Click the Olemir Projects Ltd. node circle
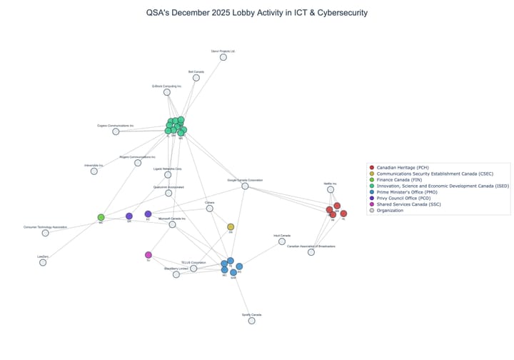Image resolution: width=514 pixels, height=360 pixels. tap(223, 57)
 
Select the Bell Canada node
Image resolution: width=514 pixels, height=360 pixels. tap(196, 77)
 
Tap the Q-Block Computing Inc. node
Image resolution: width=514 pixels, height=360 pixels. tap(167, 92)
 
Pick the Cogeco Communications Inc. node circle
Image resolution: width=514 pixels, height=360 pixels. tap(116, 131)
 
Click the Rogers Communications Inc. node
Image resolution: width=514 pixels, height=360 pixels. tap(138, 163)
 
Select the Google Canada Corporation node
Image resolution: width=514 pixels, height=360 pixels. tap(245, 186)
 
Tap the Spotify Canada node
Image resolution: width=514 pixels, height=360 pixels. tap(251, 321)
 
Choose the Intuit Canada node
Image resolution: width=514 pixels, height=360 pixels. tap(282, 241)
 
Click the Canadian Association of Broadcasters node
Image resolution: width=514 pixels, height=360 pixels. tap(311, 251)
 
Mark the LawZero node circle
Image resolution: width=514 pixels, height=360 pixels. tap(43, 262)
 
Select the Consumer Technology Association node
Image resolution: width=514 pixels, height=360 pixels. tap(45, 233)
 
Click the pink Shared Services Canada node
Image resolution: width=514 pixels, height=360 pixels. tap(148, 255)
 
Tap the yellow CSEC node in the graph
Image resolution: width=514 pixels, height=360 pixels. tap(231, 227)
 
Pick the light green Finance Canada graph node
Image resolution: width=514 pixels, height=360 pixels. tap(101, 217)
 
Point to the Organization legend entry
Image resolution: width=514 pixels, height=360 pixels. tap(397, 211)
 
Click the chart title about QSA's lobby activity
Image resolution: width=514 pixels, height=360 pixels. tap(257, 13)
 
